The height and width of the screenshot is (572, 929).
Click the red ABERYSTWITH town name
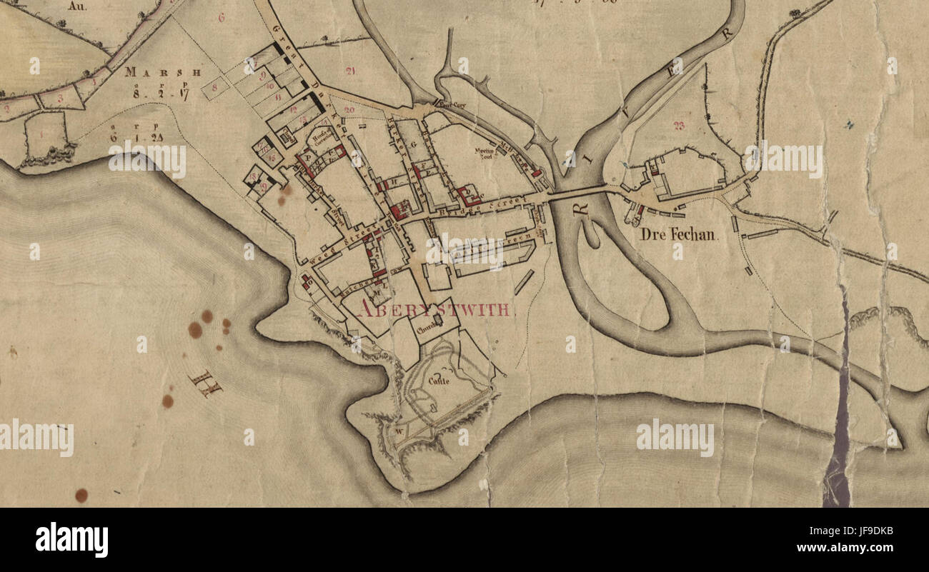click(x=434, y=309)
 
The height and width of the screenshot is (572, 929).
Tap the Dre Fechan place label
click(x=678, y=234)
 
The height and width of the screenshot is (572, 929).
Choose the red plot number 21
click(x=349, y=70)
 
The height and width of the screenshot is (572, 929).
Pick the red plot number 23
click(x=678, y=126)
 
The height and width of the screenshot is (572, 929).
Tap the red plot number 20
click(x=349, y=109)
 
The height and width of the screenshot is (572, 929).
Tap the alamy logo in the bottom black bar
click(x=71, y=540)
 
